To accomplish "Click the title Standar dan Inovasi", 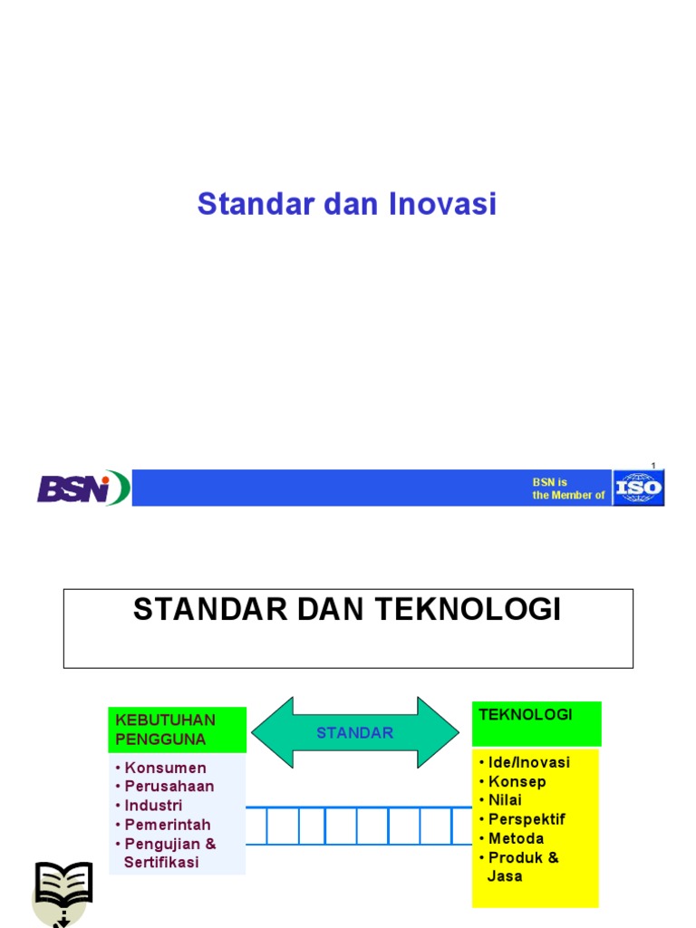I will [347, 204].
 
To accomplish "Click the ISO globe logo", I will [639, 488].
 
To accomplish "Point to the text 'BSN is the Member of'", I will [568, 488].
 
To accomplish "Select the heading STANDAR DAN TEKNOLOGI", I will [347, 610].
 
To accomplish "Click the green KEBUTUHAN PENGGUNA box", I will [177, 730].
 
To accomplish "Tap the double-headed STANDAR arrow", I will [355, 732].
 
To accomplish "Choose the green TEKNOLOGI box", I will [536, 723].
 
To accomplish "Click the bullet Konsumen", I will [165, 768].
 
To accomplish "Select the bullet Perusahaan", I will [169, 787].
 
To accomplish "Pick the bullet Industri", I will [153, 806].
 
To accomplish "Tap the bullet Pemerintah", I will [167, 825].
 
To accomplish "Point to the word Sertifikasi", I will [161, 863].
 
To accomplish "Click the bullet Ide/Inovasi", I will [528, 762].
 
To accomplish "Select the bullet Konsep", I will [517, 781].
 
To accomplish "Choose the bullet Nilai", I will [505, 800].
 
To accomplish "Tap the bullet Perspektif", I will [527, 819].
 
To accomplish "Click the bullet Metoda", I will [516, 838].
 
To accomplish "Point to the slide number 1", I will [652, 465].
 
